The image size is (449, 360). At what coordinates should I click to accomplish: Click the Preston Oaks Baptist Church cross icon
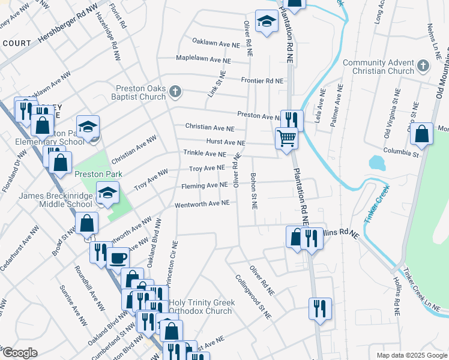[x=175, y=92]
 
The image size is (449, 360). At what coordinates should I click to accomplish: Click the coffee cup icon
[x=118, y=257]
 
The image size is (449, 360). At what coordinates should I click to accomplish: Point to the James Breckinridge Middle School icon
[x=108, y=193]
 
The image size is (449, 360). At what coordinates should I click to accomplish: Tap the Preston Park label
[x=98, y=174]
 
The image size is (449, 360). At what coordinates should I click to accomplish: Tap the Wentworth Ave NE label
[x=202, y=204]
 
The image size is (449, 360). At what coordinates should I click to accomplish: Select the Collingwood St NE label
[x=253, y=297]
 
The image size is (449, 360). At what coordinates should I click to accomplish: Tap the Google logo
[x=20, y=353]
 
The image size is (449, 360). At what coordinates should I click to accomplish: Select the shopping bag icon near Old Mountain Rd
[x=422, y=134]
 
